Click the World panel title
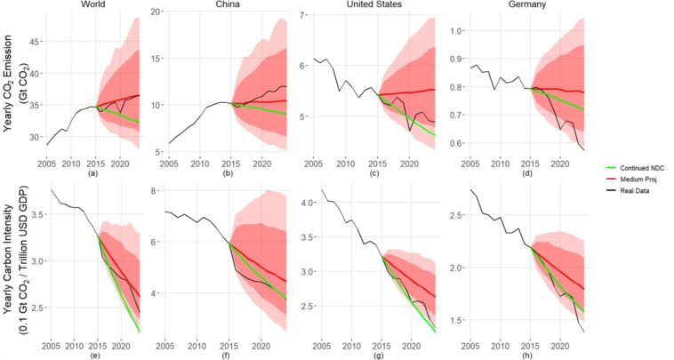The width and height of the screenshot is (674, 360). point(96,4)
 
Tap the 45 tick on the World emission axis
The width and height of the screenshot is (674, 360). point(36,42)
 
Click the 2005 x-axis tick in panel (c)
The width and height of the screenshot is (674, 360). point(314,164)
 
